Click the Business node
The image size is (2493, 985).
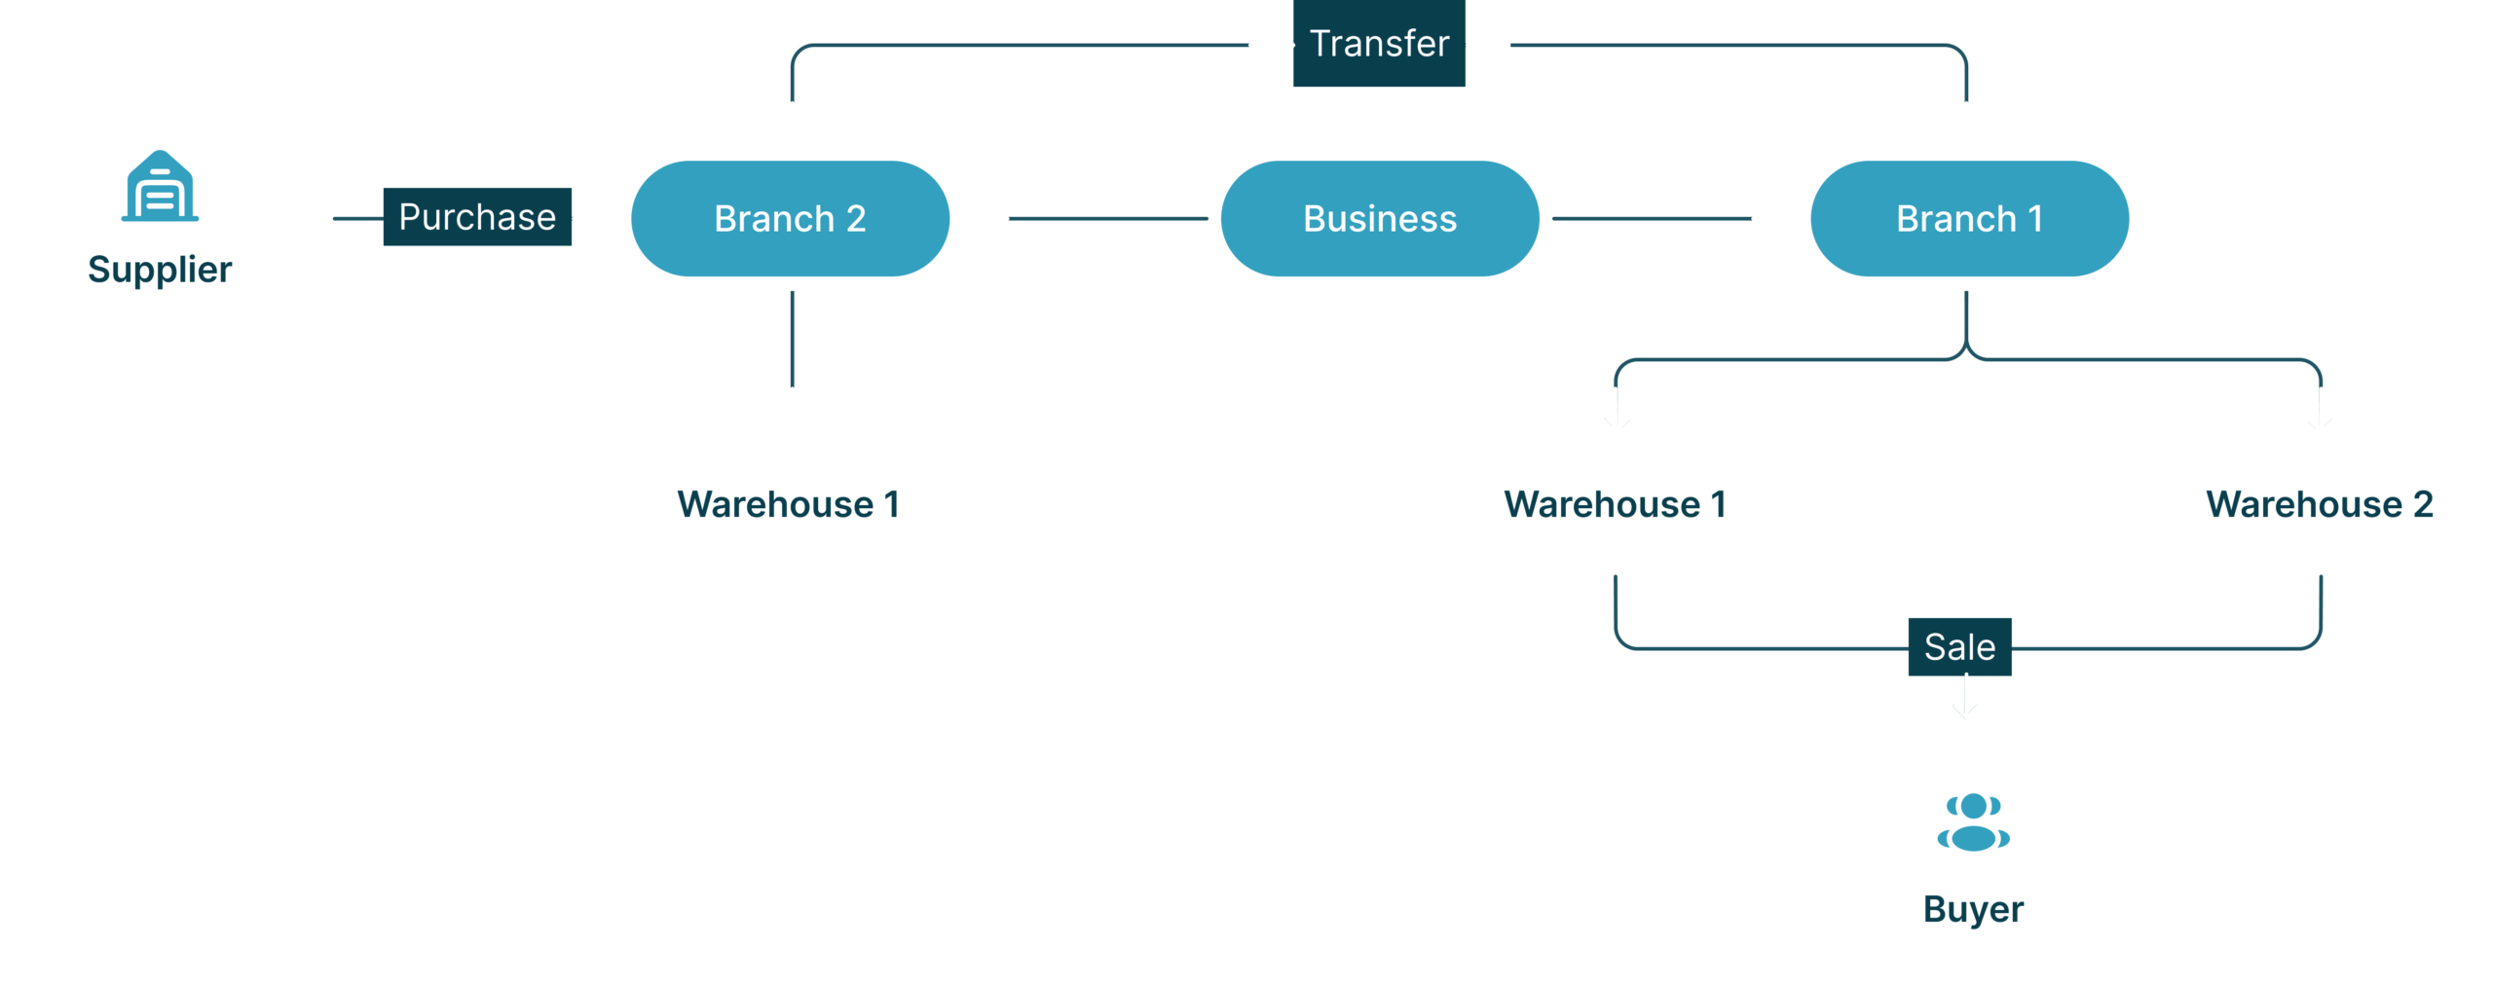click(1379, 219)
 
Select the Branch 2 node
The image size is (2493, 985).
click(790, 219)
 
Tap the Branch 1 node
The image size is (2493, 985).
click(1968, 219)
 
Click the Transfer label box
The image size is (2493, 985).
click(1379, 44)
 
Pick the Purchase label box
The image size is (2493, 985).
click(477, 217)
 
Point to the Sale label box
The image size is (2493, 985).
click(1959, 647)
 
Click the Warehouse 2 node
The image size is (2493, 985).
click(2319, 504)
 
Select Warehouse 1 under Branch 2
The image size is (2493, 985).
click(788, 504)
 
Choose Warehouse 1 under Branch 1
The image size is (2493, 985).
click(1615, 504)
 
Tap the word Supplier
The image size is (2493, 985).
click(160, 270)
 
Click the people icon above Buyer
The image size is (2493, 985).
click(1973, 822)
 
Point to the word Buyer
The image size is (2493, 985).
click(1973, 909)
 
